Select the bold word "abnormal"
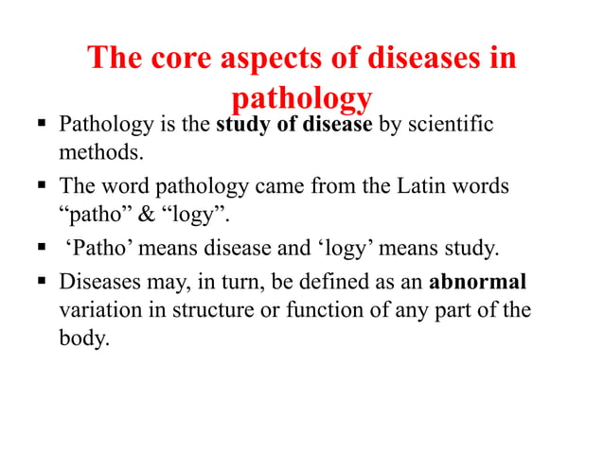click(x=478, y=282)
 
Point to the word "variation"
click(x=98, y=308)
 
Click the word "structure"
click(x=210, y=308)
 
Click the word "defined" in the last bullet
click(x=333, y=282)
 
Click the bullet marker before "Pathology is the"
click(x=44, y=126)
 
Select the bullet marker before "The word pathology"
click(x=44, y=186)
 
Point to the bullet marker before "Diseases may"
click(x=44, y=282)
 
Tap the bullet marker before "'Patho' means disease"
click(x=44, y=249)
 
